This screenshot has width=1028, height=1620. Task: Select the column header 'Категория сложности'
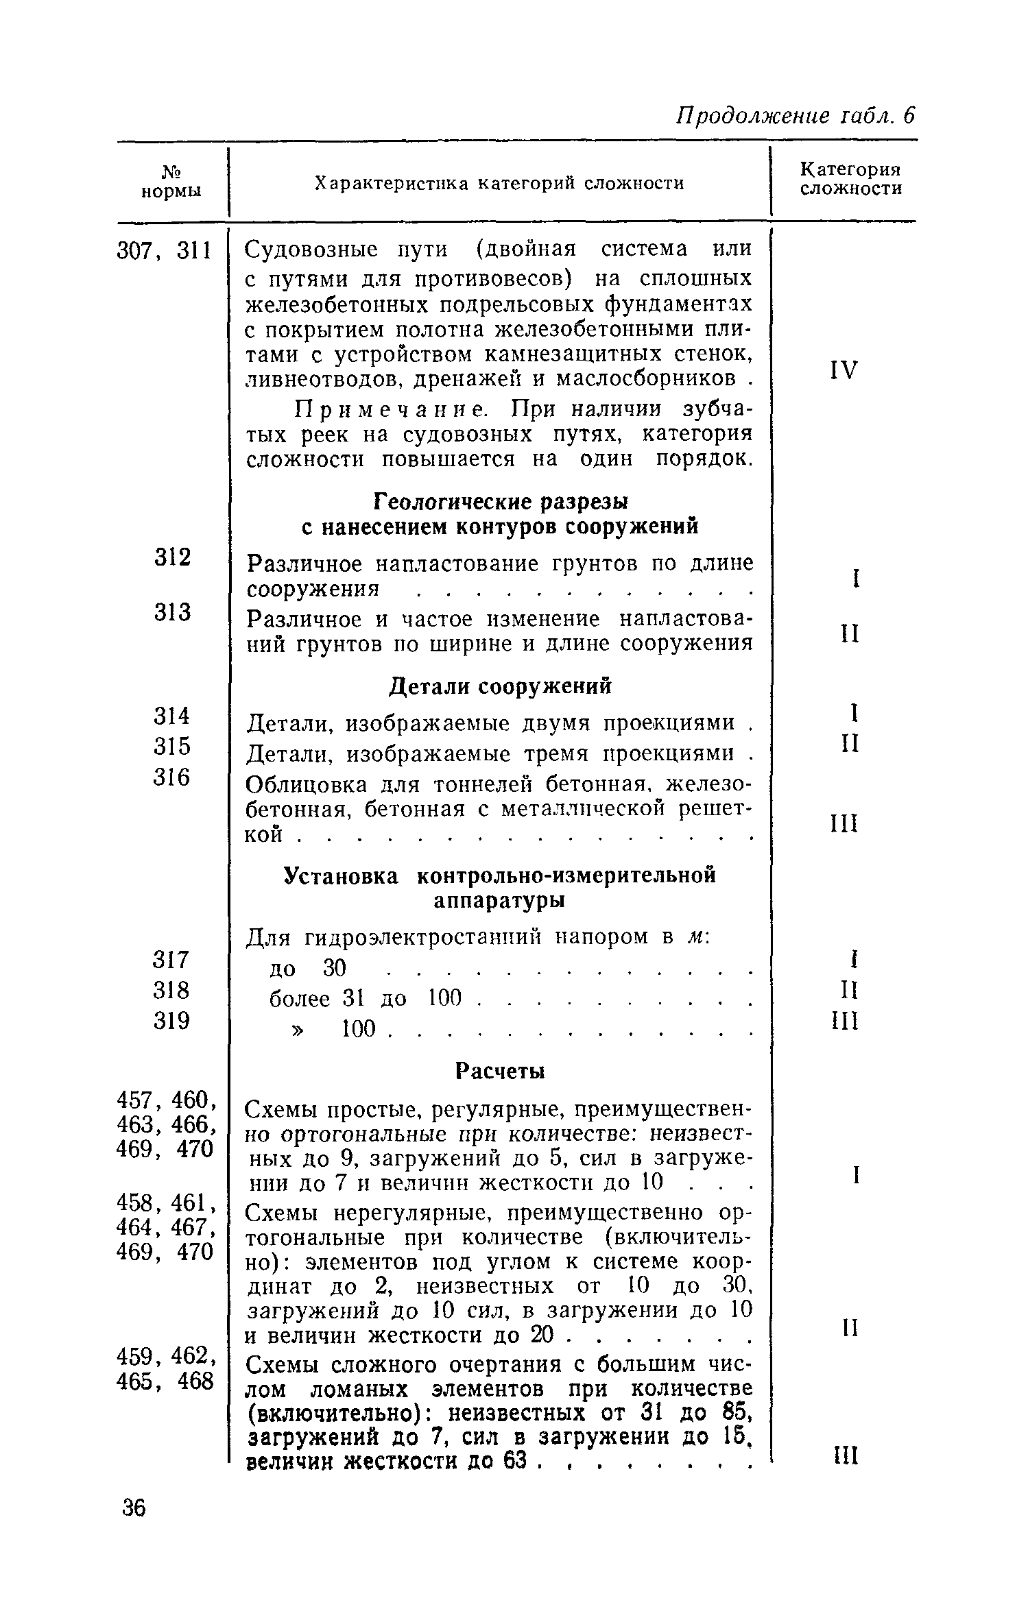tap(850, 179)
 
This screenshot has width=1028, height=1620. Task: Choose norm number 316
tap(171, 777)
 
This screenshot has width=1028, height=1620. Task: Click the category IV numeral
tap(844, 371)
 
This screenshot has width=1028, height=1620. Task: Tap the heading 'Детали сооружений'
tap(500, 686)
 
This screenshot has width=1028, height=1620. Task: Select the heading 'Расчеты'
tap(500, 1071)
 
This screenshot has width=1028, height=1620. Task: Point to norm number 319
tap(171, 1021)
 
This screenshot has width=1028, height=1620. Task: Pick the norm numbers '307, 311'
tap(165, 252)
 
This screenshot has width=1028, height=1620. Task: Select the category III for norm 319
tap(844, 1022)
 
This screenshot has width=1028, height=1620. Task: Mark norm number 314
tap(171, 716)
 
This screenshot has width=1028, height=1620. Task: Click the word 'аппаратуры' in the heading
tap(499, 901)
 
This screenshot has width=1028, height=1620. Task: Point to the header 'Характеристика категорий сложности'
tap(499, 184)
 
